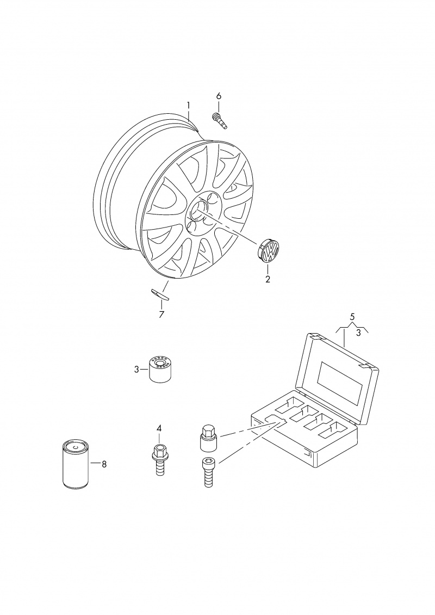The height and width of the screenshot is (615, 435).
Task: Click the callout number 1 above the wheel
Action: (188, 105)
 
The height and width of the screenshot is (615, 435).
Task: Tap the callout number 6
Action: (219, 96)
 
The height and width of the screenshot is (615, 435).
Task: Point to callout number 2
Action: (268, 279)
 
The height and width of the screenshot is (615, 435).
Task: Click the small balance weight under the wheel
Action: (160, 294)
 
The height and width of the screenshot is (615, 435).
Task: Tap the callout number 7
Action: (161, 314)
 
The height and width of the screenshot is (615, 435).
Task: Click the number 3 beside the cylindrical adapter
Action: (136, 369)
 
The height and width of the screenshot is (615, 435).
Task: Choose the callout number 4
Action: (159, 428)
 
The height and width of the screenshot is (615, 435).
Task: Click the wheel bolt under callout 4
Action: (159, 460)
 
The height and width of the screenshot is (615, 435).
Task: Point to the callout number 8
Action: (104, 464)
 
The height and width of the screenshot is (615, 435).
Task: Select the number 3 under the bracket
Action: (358, 334)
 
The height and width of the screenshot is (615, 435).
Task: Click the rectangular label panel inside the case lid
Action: (340, 382)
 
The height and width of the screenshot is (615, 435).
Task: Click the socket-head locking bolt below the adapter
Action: (208, 472)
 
